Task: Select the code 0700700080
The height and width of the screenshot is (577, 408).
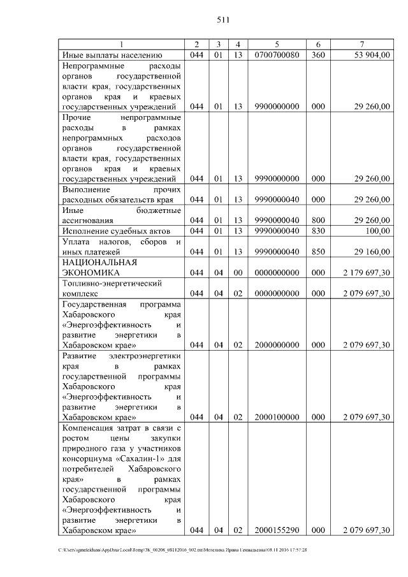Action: pos(277,55)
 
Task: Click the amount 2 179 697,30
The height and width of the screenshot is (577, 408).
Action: pos(367,273)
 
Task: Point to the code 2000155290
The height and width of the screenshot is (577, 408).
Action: pos(277,530)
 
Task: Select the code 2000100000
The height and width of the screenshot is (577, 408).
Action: pos(277,418)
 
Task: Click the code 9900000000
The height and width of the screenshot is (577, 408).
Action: pos(277,106)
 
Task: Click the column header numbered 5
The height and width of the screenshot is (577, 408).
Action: pos(277,44)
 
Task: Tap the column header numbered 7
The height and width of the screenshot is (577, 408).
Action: pos(361,44)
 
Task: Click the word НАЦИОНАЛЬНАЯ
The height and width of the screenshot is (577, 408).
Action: pos(96,262)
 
